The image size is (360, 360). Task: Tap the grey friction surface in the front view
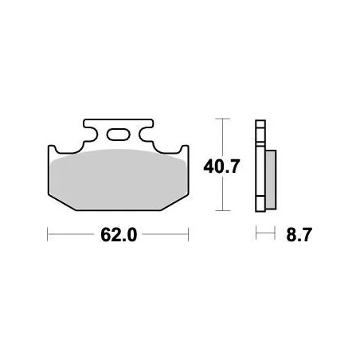118,180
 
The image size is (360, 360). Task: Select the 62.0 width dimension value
117,235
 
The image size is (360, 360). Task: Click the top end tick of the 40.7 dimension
223,119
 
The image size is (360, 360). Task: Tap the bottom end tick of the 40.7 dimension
223,211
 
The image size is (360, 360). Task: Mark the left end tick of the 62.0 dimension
49,235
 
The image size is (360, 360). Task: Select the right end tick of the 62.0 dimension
188,235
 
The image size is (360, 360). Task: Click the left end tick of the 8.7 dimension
256,235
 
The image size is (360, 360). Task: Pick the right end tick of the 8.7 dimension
274,235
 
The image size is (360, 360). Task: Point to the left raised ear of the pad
53,150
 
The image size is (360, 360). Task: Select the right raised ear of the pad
184,150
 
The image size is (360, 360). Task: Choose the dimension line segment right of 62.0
162,235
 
